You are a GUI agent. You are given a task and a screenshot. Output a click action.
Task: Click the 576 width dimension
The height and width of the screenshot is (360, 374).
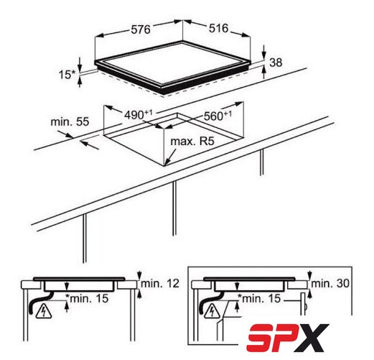pyautogui.click(x=141, y=29)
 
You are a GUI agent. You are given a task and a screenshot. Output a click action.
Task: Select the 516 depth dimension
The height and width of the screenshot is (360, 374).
pyautogui.click(x=219, y=28)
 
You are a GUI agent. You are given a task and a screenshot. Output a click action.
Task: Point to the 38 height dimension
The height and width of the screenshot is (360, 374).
pyautogui.click(x=276, y=63)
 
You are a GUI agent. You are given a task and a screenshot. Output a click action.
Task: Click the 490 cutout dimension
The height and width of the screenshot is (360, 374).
pyautogui.click(x=139, y=115)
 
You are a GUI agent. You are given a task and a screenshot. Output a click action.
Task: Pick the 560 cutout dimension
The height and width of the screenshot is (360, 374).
pyautogui.click(x=218, y=116)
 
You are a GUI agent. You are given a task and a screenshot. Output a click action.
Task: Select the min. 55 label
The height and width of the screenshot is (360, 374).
pyautogui.click(x=70, y=121)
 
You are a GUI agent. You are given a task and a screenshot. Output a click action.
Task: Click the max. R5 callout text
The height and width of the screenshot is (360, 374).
pyautogui.click(x=192, y=142)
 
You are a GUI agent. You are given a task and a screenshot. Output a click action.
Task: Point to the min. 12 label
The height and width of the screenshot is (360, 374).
pyautogui.click(x=160, y=284)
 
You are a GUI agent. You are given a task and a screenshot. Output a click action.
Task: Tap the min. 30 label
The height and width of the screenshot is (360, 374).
pyautogui.click(x=330, y=284)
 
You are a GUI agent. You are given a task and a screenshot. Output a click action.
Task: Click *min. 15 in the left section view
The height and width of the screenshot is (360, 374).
pyautogui.click(x=87, y=299)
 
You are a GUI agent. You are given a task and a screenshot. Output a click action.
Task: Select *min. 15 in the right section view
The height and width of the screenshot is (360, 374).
pyautogui.click(x=259, y=298)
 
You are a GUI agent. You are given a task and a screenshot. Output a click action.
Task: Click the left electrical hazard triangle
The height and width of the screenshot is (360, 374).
pyautogui.click(x=44, y=311)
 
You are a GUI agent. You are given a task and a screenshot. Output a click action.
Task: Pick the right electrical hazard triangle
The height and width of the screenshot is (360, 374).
pyautogui.click(x=212, y=311)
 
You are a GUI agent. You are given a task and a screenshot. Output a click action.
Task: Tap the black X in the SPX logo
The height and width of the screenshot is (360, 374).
pyautogui.click(x=314, y=337)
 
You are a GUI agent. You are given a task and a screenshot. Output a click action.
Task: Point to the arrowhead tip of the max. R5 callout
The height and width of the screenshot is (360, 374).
pyautogui.click(x=164, y=165)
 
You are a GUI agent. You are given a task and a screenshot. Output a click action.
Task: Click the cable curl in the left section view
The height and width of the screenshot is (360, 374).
pyautogui.click(x=38, y=304)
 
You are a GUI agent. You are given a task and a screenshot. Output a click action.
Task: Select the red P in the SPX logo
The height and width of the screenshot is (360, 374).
pyautogui.click(x=285, y=337)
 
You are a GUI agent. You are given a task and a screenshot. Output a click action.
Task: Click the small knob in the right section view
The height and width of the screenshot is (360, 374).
pyautogui.click(x=305, y=307)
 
